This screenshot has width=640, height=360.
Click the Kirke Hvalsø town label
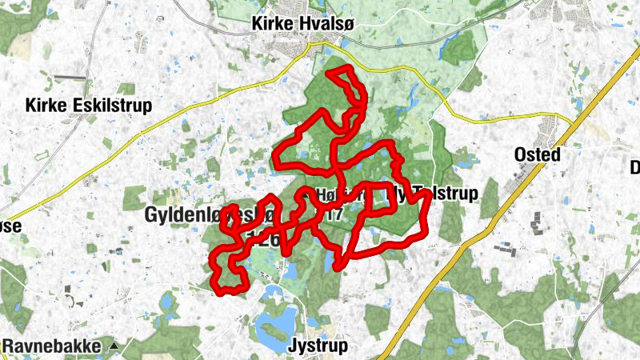coord(302,25)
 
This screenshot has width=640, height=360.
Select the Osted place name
coord(538,154)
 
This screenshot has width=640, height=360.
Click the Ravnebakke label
coord(53,346)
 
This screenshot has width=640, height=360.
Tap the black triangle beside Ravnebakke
coord(114,346)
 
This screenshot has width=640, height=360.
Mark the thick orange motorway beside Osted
coord(496,216)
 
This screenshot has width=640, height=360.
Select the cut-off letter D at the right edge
coord(635,168)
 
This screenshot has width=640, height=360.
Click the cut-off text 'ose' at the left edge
coord(10,226)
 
